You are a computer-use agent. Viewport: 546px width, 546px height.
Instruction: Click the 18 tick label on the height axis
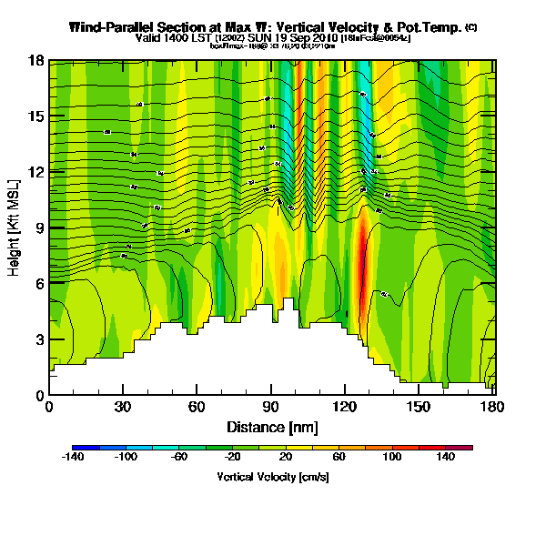click(x=36, y=62)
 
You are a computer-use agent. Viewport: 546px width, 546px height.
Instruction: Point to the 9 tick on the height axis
click(x=49, y=228)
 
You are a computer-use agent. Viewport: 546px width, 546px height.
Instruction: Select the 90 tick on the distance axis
click(x=270, y=394)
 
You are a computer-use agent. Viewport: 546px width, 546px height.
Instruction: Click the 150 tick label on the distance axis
click(x=419, y=407)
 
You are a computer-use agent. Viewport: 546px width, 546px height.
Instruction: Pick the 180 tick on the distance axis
click(x=493, y=394)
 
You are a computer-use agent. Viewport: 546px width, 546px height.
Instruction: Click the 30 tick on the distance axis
click(x=123, y=394)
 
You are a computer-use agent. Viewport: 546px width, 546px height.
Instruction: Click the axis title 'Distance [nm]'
click(x=270, y=426)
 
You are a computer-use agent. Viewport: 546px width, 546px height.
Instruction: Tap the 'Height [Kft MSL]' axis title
click(x=15, y=227)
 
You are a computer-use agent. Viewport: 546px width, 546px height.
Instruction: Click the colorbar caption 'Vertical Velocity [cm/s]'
click(x=272, y=477)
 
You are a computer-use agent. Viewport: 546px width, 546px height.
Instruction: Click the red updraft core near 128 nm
click(x=361, y=264)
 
